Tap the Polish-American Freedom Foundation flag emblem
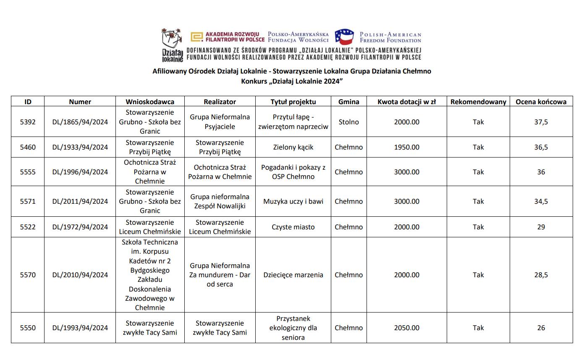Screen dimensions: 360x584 [344, 37]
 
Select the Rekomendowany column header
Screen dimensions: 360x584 [478, 102]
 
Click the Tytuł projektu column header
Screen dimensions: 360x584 [293, 102]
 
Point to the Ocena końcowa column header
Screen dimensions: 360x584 [541, 102]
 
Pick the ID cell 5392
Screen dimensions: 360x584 [28, 122]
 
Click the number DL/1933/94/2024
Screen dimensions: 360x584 [80, 147]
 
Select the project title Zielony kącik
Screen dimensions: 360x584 [293, 147]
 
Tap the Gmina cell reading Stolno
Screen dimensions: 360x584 [348, 122]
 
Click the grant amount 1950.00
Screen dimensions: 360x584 [406, 147]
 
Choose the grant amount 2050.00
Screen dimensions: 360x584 [406, 328]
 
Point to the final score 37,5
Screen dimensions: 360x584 [541, 122]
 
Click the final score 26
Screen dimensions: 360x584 [541, 328]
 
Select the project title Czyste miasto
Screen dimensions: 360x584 [293, 227]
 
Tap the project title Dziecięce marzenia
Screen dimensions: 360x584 [293, 275]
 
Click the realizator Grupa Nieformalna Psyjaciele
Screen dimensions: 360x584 [220, 122]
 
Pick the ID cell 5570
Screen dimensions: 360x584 [28, 275]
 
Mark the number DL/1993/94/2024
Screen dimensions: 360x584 [80, 328]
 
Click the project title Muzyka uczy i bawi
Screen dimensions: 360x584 [293, 201]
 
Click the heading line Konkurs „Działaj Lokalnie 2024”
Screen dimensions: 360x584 [292, 81]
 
